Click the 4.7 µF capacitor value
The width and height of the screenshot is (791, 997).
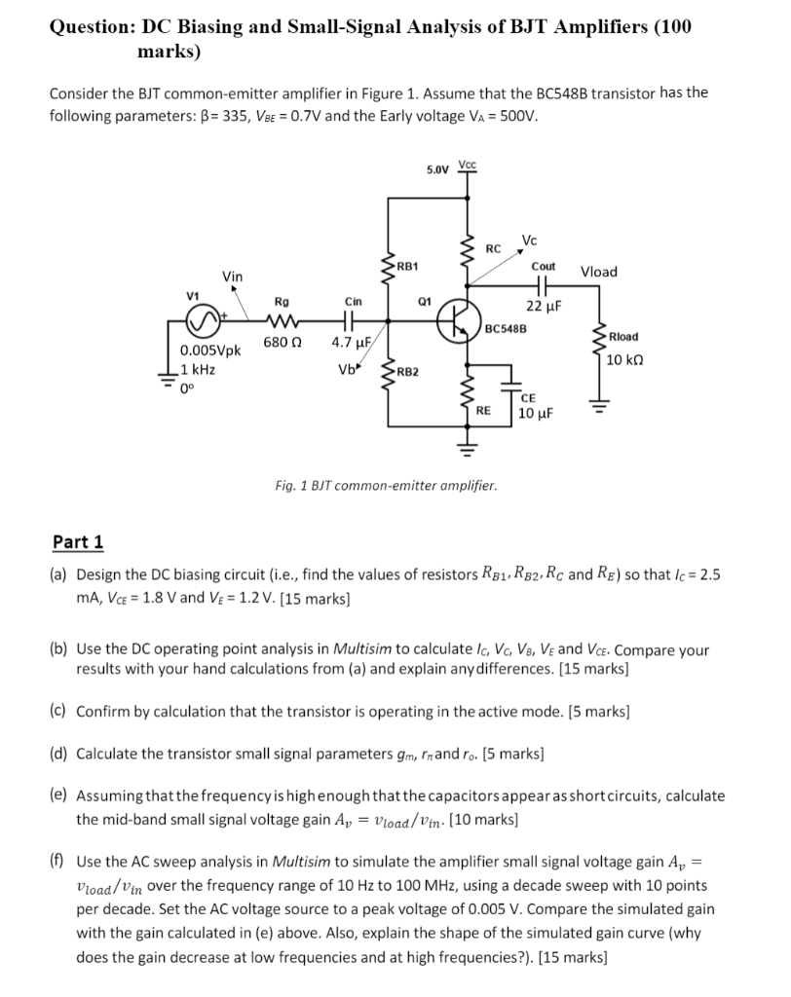click(x=348, y=343)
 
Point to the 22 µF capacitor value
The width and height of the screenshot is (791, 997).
click(x=544, y=306)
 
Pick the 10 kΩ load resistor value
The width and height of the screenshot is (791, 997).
click(x=623, y=359)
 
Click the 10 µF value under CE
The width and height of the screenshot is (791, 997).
click(x=536, y=414)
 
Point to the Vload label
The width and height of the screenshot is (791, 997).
click(x=599, y=272)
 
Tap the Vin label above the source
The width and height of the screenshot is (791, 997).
click(x=233, y=277)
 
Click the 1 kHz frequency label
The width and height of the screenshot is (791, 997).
click(x=199, y=370)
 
